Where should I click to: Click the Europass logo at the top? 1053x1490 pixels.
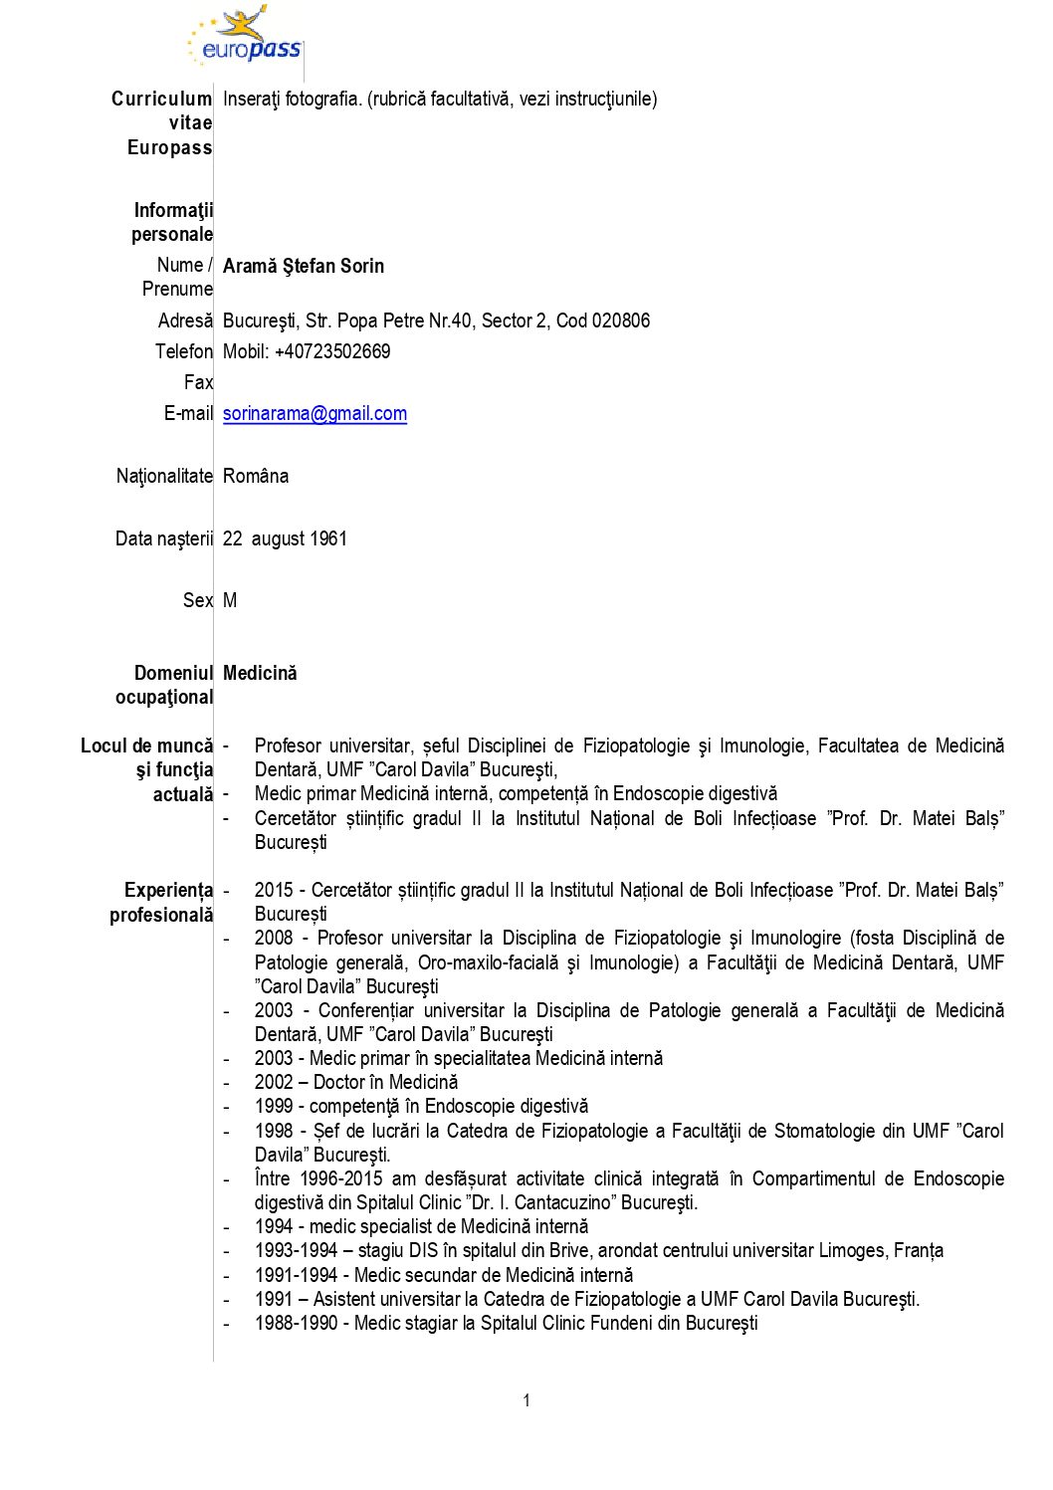[245, 38]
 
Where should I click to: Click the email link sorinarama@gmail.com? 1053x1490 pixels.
[315, 414]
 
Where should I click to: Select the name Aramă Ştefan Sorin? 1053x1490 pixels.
[304, 266]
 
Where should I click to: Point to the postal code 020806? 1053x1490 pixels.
[621, 320]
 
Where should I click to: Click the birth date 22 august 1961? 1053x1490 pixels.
[285, 538]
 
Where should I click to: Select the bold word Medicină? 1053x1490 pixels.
[260, 673]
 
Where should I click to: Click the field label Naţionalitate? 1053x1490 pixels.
[164, 476]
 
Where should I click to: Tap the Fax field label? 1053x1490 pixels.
[198, 382]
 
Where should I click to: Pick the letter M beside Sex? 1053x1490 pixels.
[230, 600]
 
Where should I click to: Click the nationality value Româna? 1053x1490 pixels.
[256, 476]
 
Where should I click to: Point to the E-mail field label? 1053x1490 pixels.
[188, 413]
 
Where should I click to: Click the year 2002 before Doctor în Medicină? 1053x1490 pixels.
[274, 1082]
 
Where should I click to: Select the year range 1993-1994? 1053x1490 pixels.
[296, 1250]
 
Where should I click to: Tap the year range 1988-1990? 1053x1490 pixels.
[296, 1323]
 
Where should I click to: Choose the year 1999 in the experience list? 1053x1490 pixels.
[274, 1106]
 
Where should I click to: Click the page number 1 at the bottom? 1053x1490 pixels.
[526, 1400]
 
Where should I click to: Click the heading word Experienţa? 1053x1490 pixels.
[168, 890]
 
